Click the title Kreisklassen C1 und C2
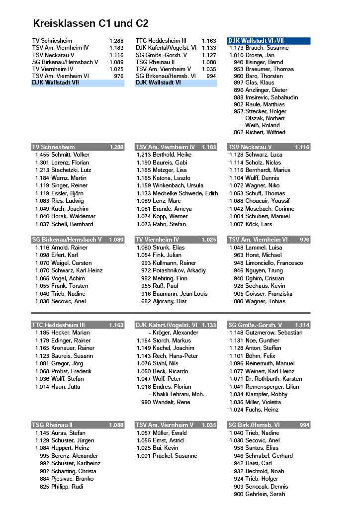[90, 24]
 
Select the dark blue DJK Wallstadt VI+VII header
[269, 41]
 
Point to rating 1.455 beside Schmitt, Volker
[42, 155]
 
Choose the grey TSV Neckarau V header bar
[269, 147]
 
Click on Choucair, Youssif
[268, 201]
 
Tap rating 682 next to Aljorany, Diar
[146, 301]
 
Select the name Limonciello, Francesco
[274, 263]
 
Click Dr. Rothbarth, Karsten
[273, 379]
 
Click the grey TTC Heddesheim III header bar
[78, 325]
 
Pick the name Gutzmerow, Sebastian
[273, 333]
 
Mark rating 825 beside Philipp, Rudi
[44, 487]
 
